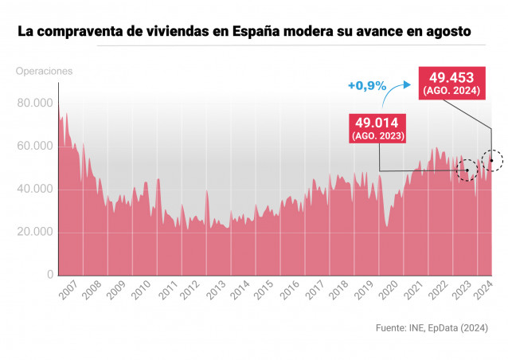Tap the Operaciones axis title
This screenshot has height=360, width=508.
click(x=44, y=71)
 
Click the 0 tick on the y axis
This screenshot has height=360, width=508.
click(x=50, y=275)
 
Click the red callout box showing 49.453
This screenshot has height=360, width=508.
click(x=451, y=84)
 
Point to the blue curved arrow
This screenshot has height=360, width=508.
click(x=393, y=94)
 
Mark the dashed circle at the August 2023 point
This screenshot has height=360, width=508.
click(x=467, y=170)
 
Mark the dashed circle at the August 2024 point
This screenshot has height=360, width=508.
click(x=492, y=160)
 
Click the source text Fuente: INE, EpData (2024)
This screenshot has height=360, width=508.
click(x=431, y=327)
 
